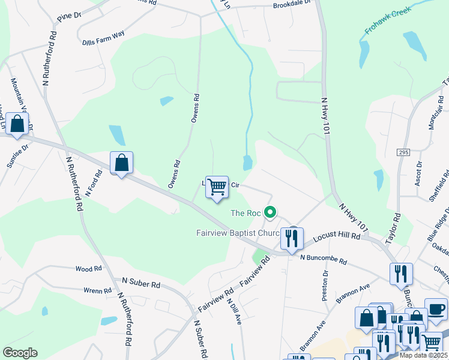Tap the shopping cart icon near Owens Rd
(217, 187)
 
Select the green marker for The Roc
(271, 212)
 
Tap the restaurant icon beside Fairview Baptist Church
(291, 238)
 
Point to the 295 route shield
(403, 153)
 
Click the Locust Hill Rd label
(336, 238)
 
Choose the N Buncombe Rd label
(324, 261)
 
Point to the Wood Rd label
(88, 269)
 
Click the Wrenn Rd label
(97, 291)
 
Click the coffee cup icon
(436, 309)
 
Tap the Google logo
(20, 352)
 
